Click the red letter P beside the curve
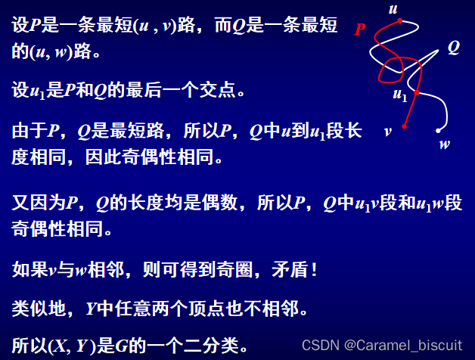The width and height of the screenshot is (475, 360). coord(359,30)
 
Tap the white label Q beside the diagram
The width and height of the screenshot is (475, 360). coord(453,48)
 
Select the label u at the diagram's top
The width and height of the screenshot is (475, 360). coord(393,9)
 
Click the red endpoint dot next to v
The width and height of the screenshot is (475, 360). coord(405,126)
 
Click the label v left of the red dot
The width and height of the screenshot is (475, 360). coord(388,130)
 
